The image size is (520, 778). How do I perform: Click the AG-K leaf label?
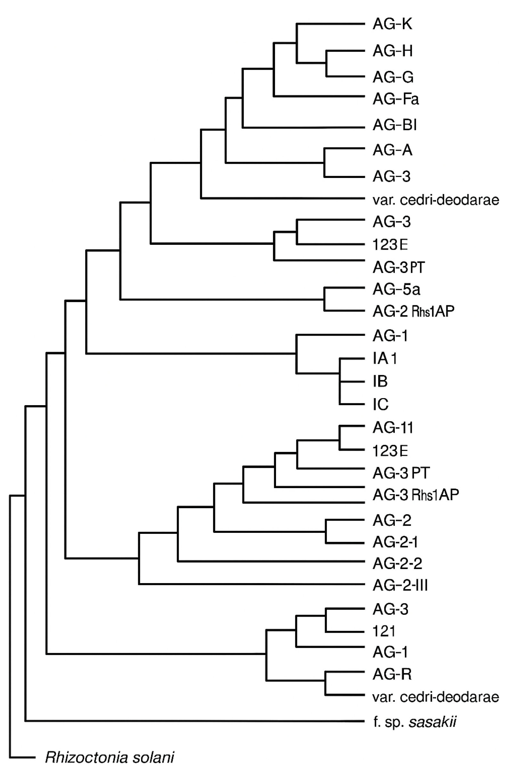click(392, 24)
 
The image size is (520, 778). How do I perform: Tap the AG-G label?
click(393, 77)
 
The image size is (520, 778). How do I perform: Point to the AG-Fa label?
click(396, 99)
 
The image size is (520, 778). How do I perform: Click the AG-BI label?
click(394, 125)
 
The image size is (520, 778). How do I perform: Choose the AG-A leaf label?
click(392, 150)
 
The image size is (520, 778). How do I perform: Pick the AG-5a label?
click(396, 289)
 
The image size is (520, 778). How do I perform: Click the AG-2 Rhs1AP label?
click(413, 311)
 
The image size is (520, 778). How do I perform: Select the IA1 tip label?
click(385, 358)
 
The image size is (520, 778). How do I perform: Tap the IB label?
click(380, 381)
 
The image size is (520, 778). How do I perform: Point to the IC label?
click(380, 404)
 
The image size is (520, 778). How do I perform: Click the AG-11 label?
click(393, 428)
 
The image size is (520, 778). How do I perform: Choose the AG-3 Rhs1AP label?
click(416, 495)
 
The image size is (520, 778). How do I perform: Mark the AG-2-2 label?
click(397, 564)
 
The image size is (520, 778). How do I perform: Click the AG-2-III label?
click(400, 585)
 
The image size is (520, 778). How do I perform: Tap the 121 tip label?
click(384, 631)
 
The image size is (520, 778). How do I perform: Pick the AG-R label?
click(392, 674)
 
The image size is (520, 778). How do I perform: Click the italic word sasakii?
click(432, 722)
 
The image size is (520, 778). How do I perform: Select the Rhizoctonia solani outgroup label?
click(110, 758)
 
